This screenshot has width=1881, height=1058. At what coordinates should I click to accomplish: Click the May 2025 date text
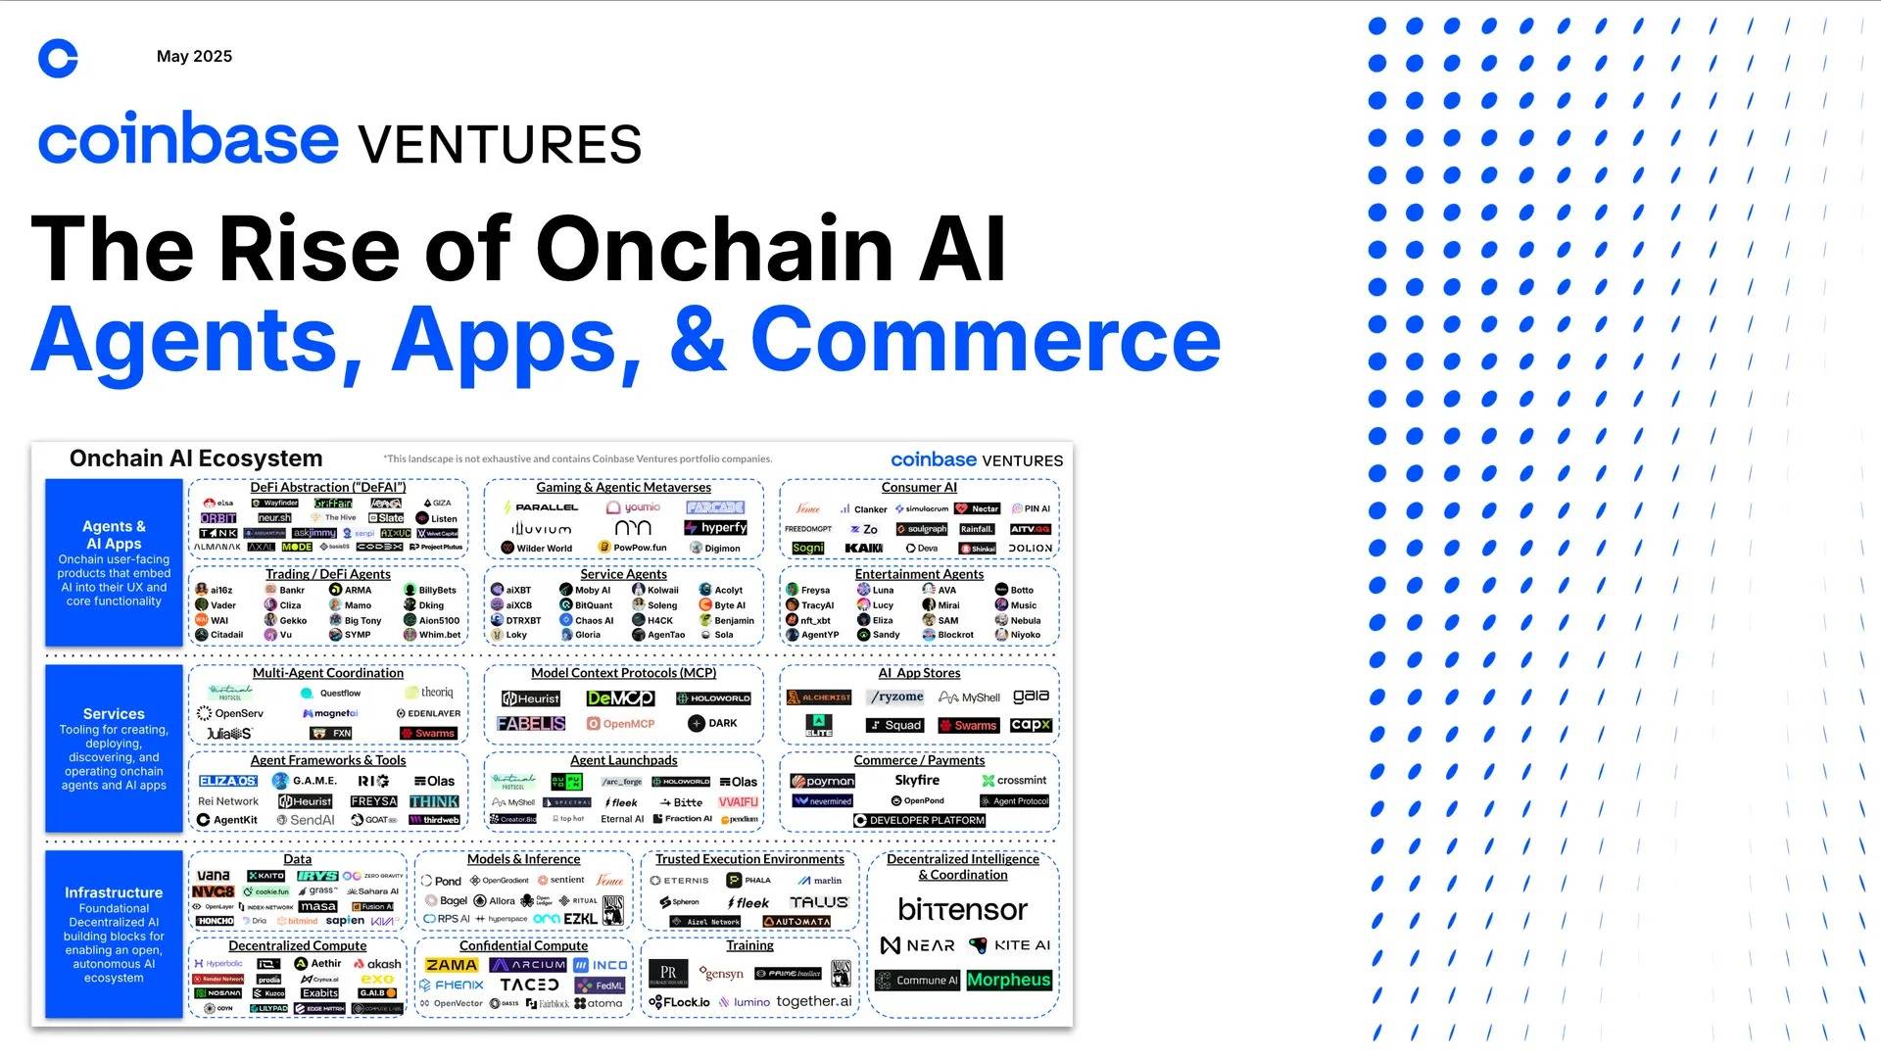194,57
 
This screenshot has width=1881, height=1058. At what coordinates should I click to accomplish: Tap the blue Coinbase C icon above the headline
58,59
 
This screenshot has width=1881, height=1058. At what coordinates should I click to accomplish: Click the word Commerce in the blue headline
986,339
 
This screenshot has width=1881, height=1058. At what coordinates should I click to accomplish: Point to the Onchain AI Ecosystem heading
196,458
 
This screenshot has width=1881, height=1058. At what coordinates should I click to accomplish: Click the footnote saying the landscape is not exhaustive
577,458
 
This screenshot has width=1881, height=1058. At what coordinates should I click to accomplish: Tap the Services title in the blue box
114,714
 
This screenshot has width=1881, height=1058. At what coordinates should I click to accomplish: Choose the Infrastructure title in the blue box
114,892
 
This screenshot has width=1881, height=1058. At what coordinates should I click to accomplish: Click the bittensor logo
962,910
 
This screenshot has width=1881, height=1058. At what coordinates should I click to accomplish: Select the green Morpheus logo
1008,980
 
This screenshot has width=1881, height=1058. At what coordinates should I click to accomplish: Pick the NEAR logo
917,945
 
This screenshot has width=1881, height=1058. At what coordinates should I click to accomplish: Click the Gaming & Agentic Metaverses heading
623,487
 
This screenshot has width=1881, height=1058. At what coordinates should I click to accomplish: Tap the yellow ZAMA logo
451,965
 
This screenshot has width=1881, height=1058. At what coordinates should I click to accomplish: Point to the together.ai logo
814,1001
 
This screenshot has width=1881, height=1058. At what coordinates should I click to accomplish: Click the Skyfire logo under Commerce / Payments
917,781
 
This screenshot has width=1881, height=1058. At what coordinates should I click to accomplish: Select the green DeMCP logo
620,698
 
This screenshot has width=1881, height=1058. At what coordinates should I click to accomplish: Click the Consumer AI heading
918,487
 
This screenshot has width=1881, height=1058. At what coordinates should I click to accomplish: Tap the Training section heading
749,945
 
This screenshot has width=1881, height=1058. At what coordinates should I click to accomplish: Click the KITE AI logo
1009,945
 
